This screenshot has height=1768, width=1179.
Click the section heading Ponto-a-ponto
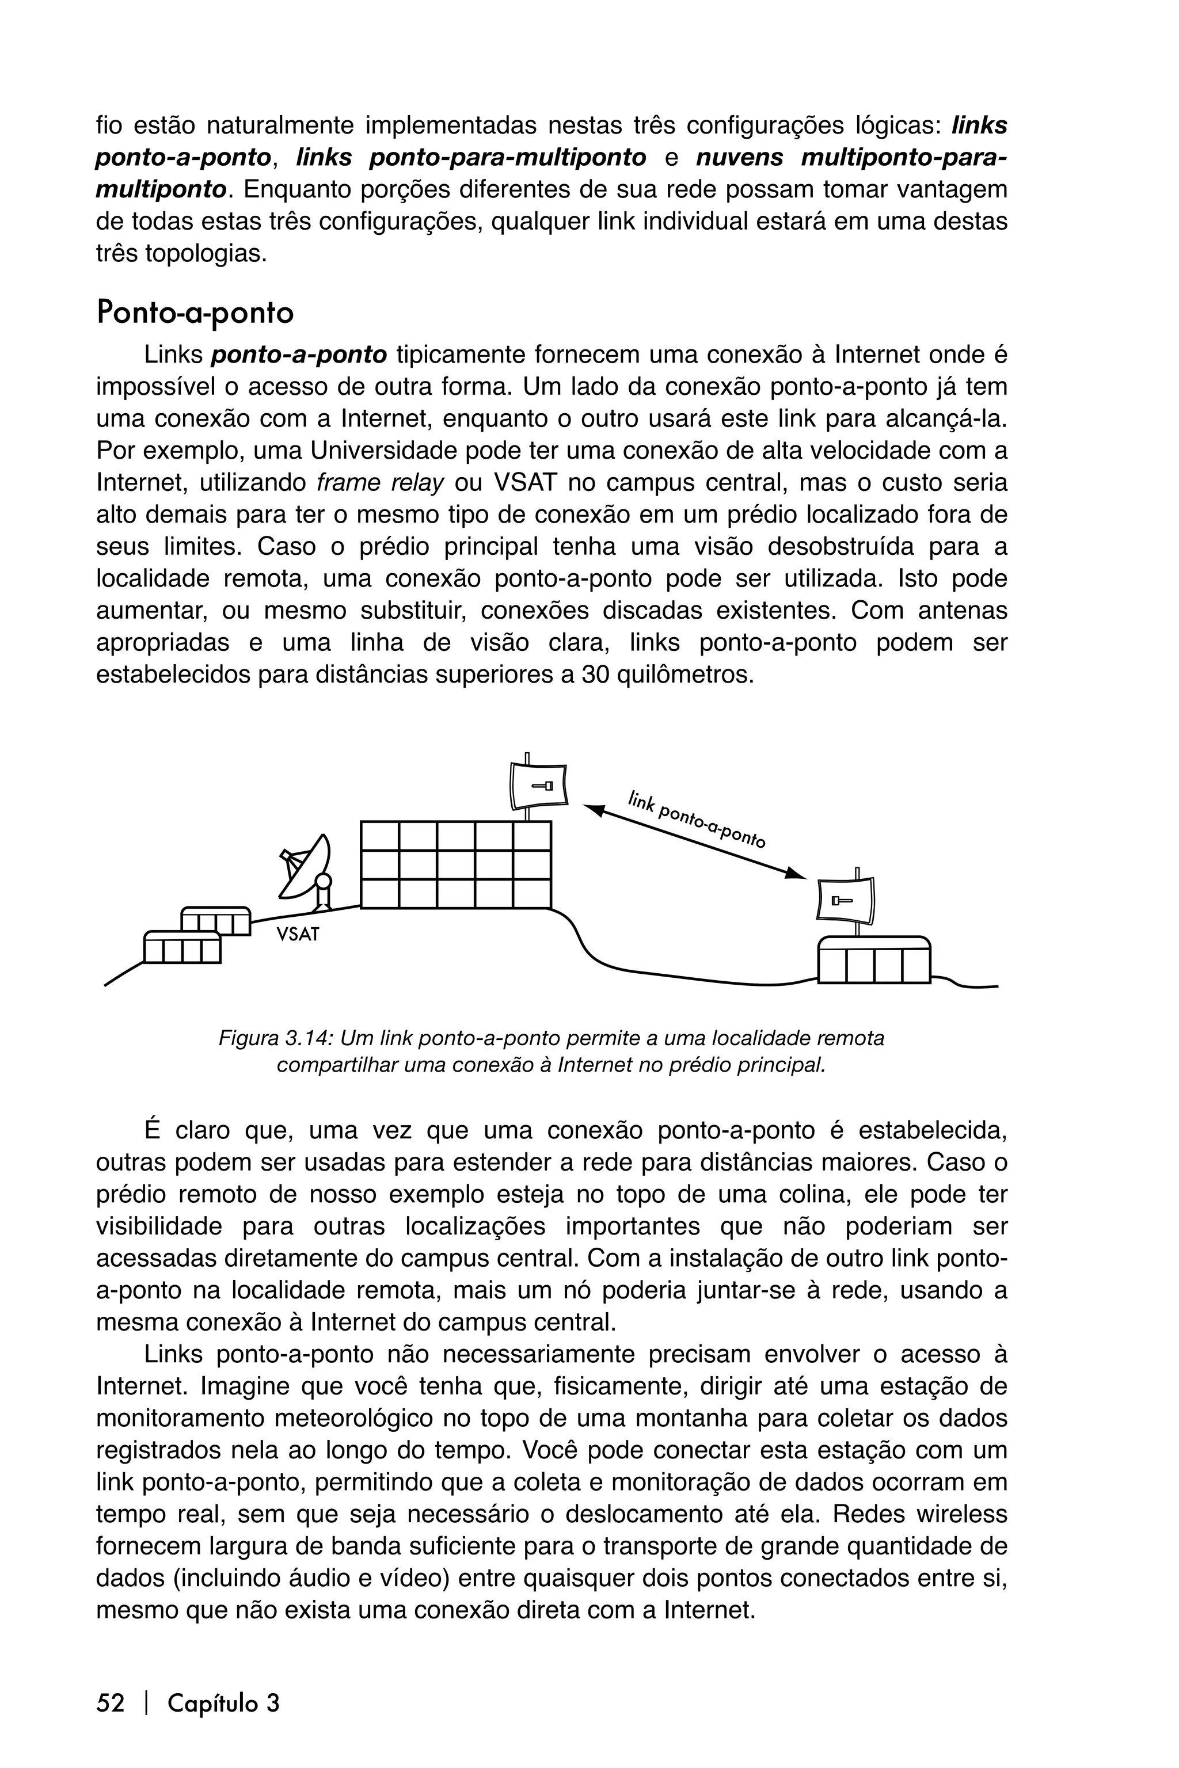coord(195,313)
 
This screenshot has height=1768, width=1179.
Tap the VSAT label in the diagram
coord(298,935)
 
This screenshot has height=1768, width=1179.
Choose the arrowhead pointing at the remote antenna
coord(795,874)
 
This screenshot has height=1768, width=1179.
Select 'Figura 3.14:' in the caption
coord(275,1038)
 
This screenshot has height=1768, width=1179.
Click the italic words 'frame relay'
coord(381,483)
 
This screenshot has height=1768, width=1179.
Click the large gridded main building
coord(456,864)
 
